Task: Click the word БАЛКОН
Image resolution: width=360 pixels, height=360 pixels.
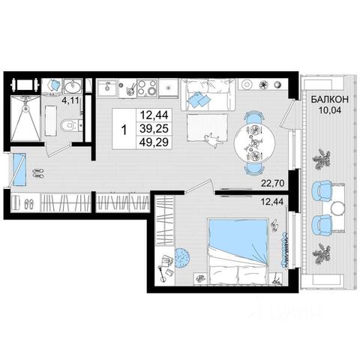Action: coord(329,99)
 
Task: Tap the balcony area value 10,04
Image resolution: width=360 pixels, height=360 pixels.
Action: coord(329,109)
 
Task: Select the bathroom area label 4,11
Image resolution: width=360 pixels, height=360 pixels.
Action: coord(70,100)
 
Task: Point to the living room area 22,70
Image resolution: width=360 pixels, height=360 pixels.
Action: coord(273,184)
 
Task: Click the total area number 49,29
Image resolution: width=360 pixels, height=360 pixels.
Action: coord(154,142)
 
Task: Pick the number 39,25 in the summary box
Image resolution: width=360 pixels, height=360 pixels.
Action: coord(154,128)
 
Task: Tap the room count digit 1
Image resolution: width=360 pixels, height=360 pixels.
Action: coord(124,130)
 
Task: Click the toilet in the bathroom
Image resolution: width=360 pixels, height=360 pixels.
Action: coord(69,124)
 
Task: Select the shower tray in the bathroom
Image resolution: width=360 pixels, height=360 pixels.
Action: coord(25,118)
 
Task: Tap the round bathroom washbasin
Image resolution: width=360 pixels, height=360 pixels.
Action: coord(73,86)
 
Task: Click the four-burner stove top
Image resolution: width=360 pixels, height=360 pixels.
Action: coord(147,88)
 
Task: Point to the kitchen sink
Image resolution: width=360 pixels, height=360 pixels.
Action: coord(107,88)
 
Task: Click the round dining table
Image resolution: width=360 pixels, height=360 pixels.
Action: coord(254,143)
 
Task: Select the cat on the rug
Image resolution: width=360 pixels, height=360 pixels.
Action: coord(212,140)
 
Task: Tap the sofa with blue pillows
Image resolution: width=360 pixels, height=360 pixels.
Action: coord(208,94)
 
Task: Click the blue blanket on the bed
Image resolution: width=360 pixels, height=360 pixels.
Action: coord(238,240)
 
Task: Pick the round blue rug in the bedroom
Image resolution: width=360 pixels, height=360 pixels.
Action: coord(182,258)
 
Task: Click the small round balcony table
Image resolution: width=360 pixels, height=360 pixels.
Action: coord(337,208)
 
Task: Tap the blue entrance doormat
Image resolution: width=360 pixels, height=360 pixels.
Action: coord(19,169)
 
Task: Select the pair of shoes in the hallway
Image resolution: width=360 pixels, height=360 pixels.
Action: coord(38,173)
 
